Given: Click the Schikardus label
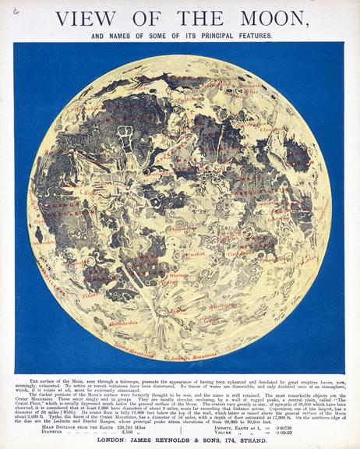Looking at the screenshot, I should click(x=101, y=320).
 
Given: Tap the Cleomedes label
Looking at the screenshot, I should click(x=273, y=129).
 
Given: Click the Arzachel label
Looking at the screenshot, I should click(x=192, y=254).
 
